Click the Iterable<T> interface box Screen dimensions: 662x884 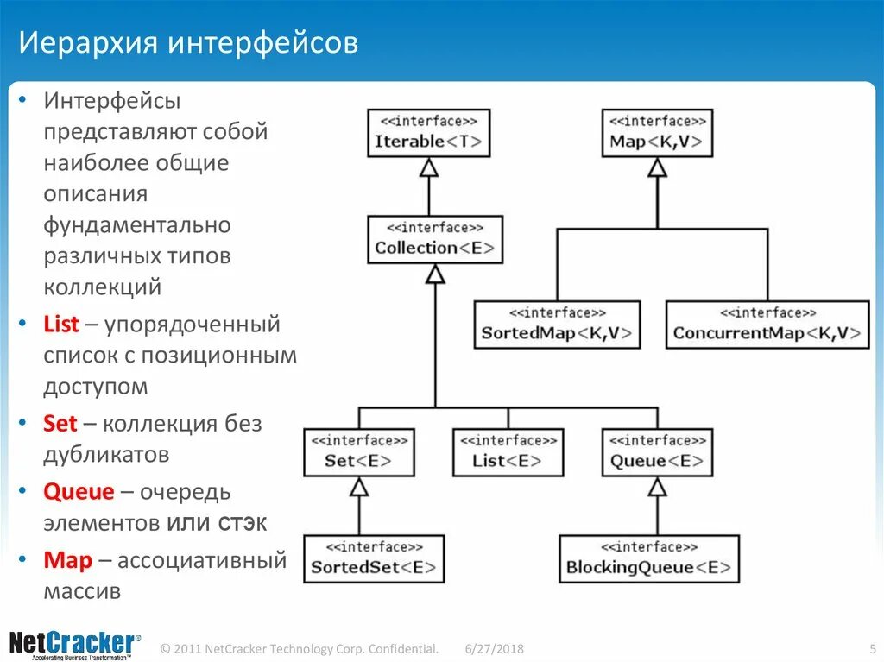point(428,132)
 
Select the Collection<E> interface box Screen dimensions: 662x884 point(435,239)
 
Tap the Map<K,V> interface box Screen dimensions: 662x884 point(657,132)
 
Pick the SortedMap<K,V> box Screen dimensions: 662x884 point(557,325)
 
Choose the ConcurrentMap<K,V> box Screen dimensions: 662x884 point(767,325)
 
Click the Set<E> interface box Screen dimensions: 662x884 point(358,451)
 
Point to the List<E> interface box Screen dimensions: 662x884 point(507,451)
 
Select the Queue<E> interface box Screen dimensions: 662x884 point(657,451)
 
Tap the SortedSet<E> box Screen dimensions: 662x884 point(374,558)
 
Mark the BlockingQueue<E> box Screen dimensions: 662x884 point(649,558)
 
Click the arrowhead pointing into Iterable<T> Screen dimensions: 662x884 point(428,167)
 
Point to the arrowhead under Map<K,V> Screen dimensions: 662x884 point(657,167)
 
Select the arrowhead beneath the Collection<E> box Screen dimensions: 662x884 point(435,274)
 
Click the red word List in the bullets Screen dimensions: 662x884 point(61,325)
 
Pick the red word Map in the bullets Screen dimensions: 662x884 point(68,560)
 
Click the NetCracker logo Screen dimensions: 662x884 point(73,644)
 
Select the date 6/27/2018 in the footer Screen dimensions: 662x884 point(495,648)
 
